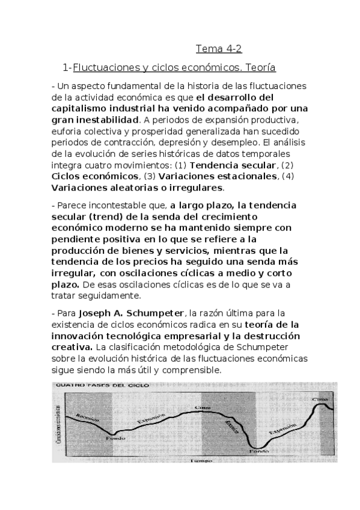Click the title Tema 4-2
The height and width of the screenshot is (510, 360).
pos(219,49)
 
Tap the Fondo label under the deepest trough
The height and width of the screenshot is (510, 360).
pos(259,449)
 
